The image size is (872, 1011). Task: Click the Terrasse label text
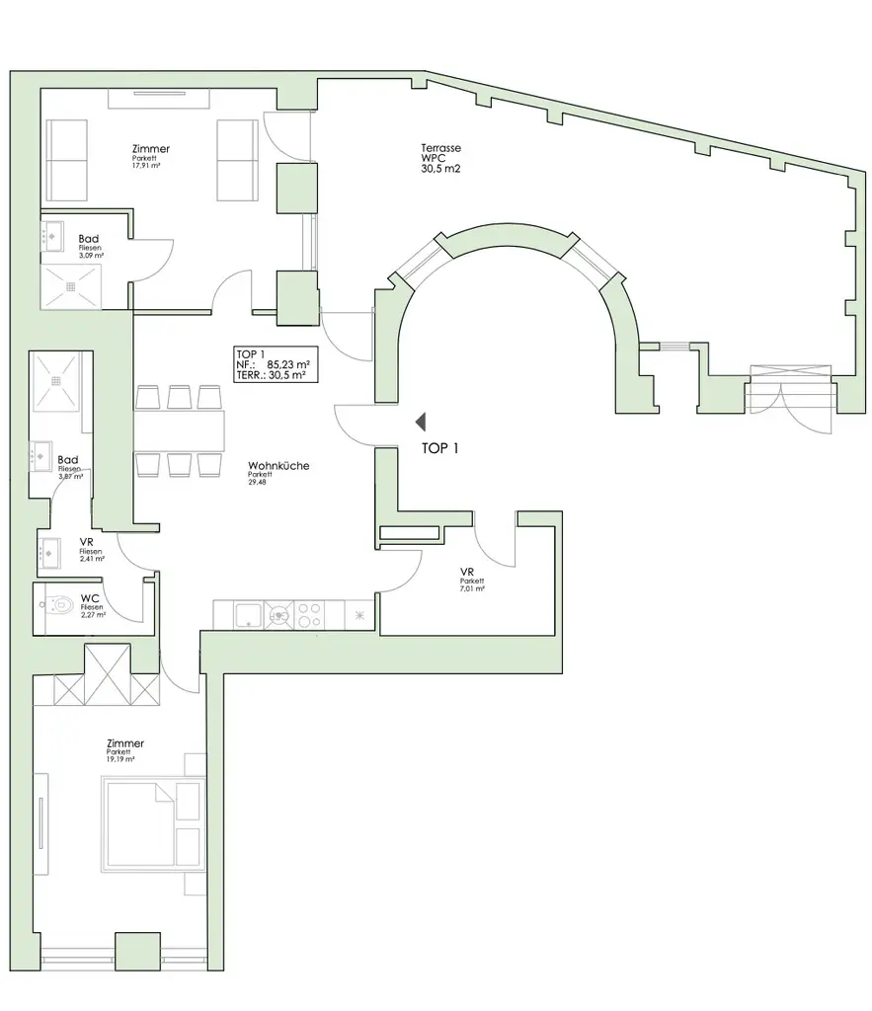pos(440,148)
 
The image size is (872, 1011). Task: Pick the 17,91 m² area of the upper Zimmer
pos(146,167)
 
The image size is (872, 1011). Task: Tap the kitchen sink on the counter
pos(247,614)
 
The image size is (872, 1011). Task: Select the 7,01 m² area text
pos(472,589)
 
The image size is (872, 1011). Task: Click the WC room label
pos(90,598)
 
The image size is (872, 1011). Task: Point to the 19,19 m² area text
pos(121,760)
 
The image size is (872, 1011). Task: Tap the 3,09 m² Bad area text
pos(91,255)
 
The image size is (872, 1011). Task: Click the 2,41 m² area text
pos(92,558)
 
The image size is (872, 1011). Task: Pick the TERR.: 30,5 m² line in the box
pos(271,375)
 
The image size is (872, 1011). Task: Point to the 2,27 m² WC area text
pos(93,614)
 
